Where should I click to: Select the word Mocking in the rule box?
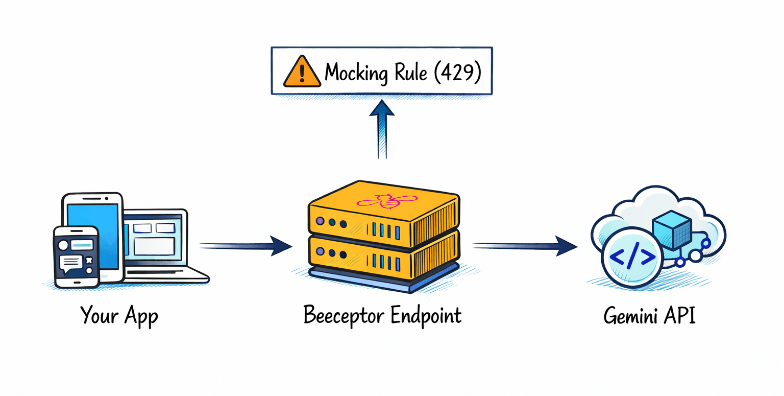pos(356,73)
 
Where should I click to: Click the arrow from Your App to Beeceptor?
pos(245,246)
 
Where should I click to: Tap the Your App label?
pos(119,315)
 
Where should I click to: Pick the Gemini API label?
pos(649,315)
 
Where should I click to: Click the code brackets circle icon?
pos(632,258)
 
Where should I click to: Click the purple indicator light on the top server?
pos(320,221)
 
